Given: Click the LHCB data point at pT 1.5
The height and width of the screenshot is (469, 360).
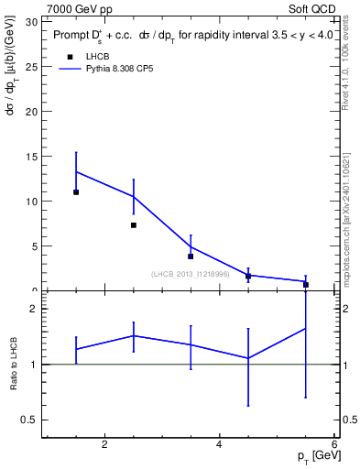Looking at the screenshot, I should (76, 192).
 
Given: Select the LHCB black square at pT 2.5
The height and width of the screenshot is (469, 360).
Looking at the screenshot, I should (134, 225).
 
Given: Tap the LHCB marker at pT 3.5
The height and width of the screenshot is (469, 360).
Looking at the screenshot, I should (191, 256).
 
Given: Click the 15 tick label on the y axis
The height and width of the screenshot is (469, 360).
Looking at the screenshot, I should (32, 157).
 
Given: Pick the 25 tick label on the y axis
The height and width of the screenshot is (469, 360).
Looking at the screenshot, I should (32, 67).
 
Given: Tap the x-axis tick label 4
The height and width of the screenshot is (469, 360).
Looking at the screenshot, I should (219, 445).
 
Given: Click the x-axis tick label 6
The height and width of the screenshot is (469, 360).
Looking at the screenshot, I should (333, 445).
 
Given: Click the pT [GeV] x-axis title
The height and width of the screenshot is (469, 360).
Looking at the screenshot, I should (311, 457).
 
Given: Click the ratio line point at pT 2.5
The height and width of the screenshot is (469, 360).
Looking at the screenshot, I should (134, 336).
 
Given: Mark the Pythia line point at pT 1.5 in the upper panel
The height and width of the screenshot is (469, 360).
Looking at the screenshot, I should (76, 171).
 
